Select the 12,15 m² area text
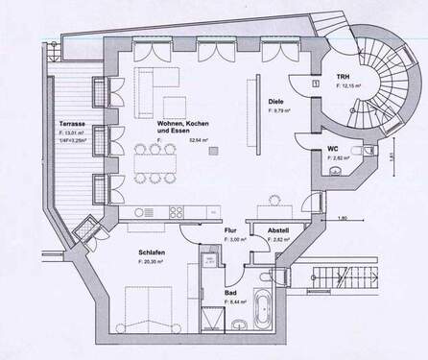(x=349, y=86)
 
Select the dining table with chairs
(x=153, y=162)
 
